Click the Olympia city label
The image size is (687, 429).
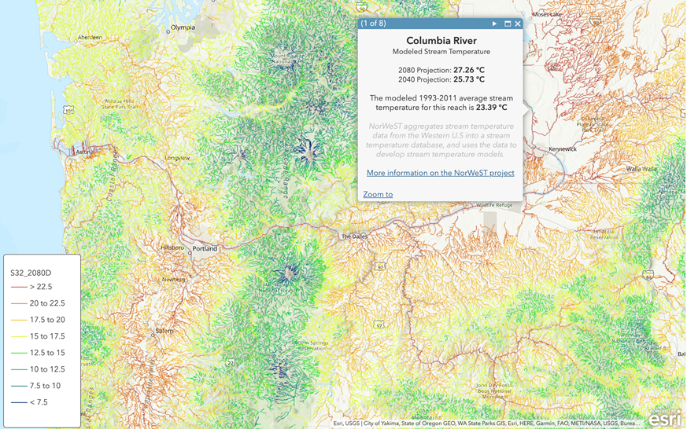pyautogui.click(x=183, y=27)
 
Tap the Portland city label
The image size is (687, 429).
pyautogui.click(x=205, y=249)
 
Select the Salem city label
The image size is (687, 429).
pyautogui.click(x=164, y=331)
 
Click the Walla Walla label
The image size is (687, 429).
pyautogui.click(x=642, y=169)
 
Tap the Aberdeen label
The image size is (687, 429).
pyautogui.click(x=89, y=37)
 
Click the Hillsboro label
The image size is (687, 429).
pyautogui.click(x=172, y=247)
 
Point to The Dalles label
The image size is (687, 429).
pyautogui.click(x=353, y=236)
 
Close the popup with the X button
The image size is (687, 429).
pyautogui.click(x=518, y=24)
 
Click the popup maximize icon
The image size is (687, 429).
pyautogui.click(x=508, y=24)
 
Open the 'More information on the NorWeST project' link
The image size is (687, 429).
pyautogui.click(x=440, y=173)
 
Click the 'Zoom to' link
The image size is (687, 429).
pyautogui.click(x=378, y=194)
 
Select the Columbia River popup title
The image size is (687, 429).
pyautogui.click(x=441, y=41)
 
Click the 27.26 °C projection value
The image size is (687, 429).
pyautogui.click(x=468, y=70)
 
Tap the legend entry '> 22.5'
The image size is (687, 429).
pyautogui.click(x=41, y=287)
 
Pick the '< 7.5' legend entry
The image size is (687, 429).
pyautogui.click(x=39, y=402)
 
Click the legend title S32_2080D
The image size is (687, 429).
pyautogui.click(x=31, y=273)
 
